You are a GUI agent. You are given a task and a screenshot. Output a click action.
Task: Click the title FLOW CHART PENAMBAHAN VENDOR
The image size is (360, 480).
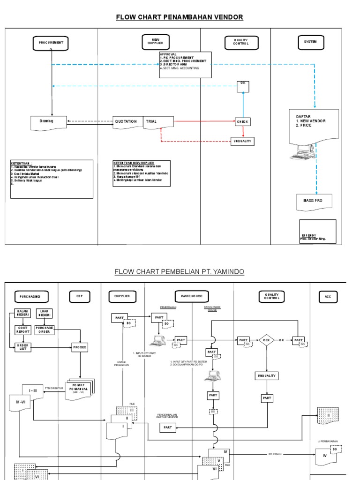[180, 17]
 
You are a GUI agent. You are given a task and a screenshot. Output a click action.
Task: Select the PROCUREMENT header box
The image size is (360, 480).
[51, 43]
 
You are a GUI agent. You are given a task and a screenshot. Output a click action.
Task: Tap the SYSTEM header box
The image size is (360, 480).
[310, 42]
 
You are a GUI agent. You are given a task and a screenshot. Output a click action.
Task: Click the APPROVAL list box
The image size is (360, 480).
[185, 64]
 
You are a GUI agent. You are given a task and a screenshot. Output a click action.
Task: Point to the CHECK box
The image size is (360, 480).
[242, 122]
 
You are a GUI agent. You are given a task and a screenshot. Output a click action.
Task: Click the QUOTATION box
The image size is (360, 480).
[127, 121]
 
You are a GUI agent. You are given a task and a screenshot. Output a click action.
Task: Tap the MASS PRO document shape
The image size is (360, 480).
[314, 201]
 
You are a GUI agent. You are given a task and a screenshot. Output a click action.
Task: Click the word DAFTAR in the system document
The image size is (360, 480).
[303, 116]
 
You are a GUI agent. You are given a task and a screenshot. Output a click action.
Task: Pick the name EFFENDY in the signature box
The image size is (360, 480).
[309, 235]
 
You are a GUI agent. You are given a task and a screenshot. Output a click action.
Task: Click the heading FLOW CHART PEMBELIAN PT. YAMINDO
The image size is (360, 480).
[180, 272]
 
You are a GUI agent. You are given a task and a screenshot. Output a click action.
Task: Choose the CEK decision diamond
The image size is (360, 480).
[266, 339]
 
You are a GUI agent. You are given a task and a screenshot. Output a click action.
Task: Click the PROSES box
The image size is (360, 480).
[80, 347]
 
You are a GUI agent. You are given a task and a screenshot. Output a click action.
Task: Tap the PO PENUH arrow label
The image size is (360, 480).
[276, 454]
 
